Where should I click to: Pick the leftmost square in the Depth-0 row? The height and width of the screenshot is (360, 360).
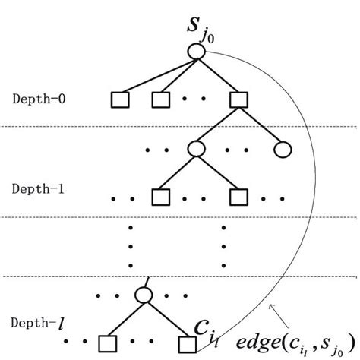120,99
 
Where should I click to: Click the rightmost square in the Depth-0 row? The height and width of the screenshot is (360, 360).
235,99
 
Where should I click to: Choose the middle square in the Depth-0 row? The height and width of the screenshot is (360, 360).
159,99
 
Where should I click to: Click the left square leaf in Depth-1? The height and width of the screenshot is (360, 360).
159,197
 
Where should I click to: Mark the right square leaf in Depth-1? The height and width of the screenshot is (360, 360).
235,197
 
